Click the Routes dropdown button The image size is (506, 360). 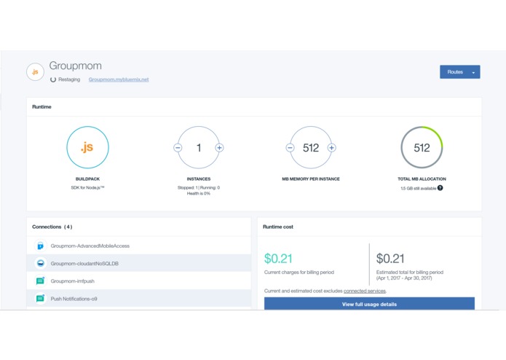click(x=459, y=72)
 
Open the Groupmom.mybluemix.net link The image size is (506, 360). click(x=119, y=79)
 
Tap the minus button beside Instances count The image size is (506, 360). click(x=178, y=148)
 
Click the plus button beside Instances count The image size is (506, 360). click(x=219, y=148)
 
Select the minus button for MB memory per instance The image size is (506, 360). click(x=290, y=148)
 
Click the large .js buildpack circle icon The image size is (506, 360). click(x=87, y=148)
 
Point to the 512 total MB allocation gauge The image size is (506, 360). click(x=422, y=148)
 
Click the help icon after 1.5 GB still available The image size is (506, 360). click(x=440, y=188)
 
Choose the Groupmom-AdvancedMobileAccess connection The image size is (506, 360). click(x=90, y=246)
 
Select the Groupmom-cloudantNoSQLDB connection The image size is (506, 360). click(x=84, y=263)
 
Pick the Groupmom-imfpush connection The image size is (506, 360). click(x=74, y=281)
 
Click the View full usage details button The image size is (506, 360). click(x=369, y=304)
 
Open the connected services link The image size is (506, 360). click(x=365, y=291)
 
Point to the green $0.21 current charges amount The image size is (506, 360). click(x=277, y=258)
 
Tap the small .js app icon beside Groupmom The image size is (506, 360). click(x=35, y=72)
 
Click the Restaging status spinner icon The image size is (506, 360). click(x=53, y=79)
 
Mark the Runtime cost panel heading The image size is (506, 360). click(x=279, y=227)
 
